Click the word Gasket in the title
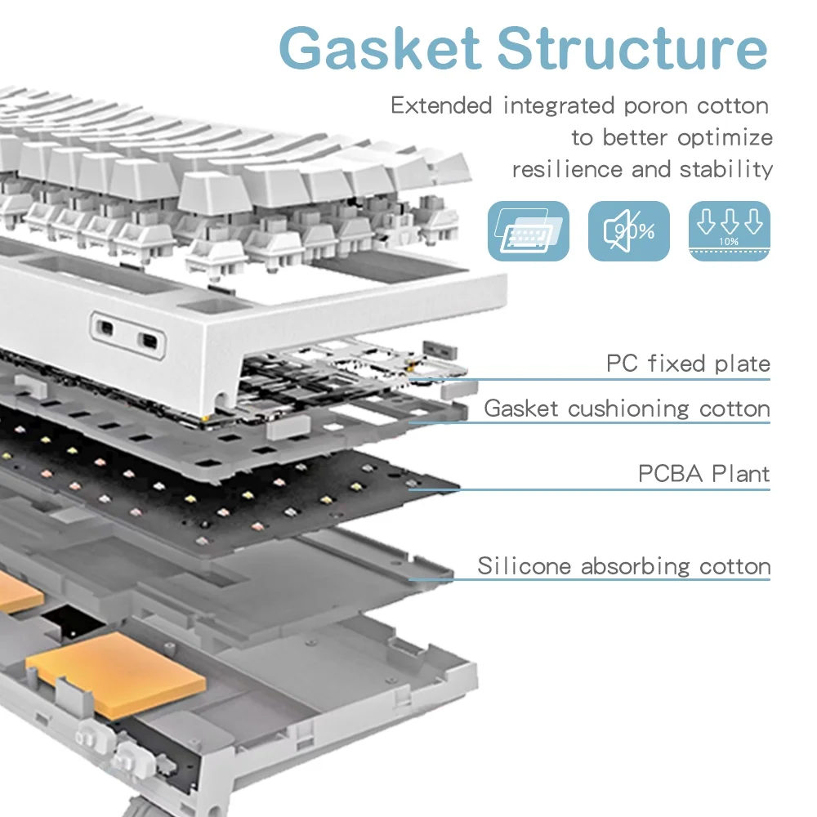coord(381,49)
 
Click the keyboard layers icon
coord(528,231)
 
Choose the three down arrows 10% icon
coord(730,231)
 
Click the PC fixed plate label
coord(688,364)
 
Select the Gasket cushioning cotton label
coord(627,408)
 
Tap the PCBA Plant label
coord(703,474)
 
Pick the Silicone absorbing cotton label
coord(624,565)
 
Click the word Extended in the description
coord(441,106)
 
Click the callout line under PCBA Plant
coord(588,490)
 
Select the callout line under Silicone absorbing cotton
coord(588,580)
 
